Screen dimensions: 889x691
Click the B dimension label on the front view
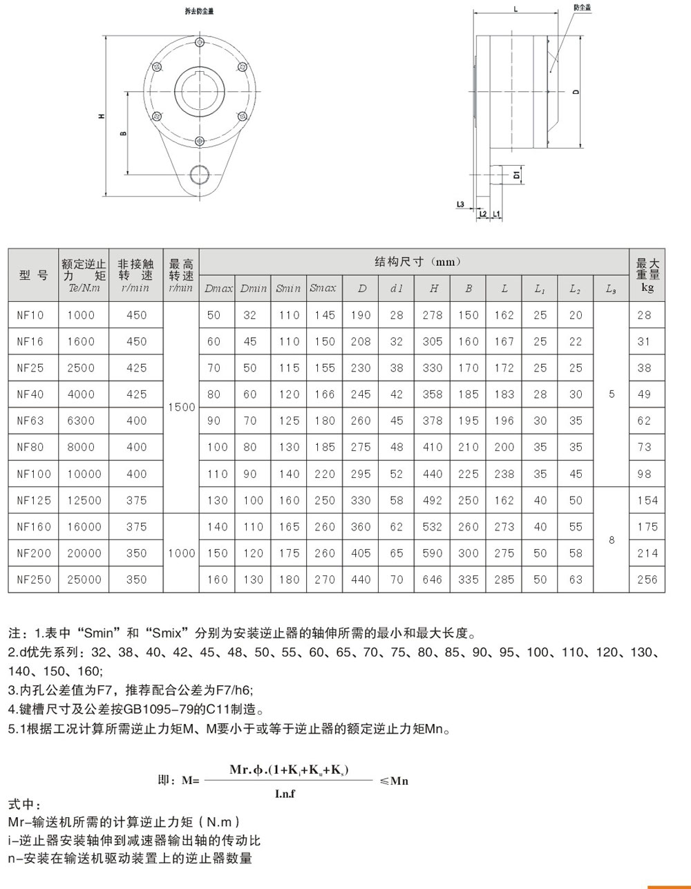pos(124,133)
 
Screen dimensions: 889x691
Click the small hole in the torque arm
pos(199,174)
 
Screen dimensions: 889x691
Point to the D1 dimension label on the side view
pos(516,175)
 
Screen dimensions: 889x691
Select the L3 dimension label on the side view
pos(460,204)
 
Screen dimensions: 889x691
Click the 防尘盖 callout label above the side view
pos(582,8)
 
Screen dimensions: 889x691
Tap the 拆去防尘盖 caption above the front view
pos(199,12)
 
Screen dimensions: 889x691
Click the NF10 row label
pos(30,315)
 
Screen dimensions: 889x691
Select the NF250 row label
pos(34,580)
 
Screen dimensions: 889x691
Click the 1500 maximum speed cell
pos(181,408)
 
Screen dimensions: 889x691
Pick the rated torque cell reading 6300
pos(81,421)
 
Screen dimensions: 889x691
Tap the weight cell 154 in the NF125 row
pos(647,500)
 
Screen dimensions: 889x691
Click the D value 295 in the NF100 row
pos(361,474)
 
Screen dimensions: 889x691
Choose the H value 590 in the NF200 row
pos(433,553)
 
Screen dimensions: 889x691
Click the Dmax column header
pos(218,289)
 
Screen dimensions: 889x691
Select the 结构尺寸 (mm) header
pos(417,262)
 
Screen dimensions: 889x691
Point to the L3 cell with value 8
pos(612,540)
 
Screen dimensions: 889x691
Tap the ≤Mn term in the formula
pos(394,781)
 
